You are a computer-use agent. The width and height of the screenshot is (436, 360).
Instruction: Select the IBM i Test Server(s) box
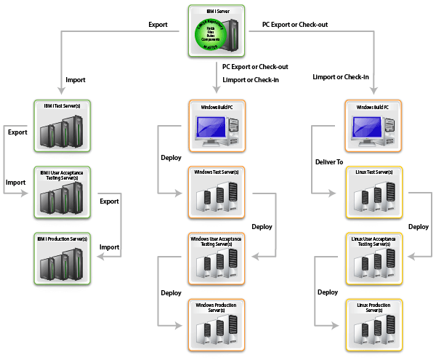coord(62,126)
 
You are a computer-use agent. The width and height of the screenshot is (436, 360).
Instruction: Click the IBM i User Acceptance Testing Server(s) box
coord(62,193)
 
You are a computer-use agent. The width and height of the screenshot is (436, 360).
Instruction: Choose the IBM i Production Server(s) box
coord(62,259)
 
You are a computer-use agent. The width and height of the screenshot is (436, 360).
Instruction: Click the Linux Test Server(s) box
coord(374,192)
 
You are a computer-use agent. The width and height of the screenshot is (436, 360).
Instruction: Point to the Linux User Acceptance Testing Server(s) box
coord(374,258)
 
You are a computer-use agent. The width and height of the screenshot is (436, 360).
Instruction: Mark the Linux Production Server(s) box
coord(374,324)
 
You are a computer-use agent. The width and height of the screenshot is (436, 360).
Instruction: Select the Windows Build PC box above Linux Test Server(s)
coord(374,126)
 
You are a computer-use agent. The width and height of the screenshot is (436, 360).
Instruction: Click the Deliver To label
coord(329,161)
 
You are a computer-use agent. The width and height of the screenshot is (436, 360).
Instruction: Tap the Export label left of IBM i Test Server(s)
coord(17,133)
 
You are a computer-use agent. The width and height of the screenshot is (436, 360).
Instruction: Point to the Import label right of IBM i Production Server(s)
coord(109,247)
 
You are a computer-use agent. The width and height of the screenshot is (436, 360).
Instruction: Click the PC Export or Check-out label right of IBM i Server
coord(294,25)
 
